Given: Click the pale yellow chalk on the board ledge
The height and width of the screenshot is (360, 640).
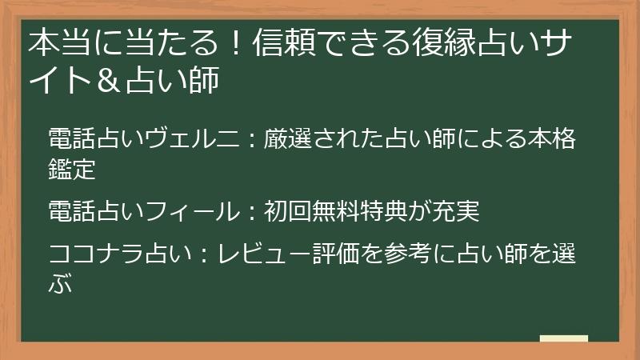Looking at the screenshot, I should pos(564,338).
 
